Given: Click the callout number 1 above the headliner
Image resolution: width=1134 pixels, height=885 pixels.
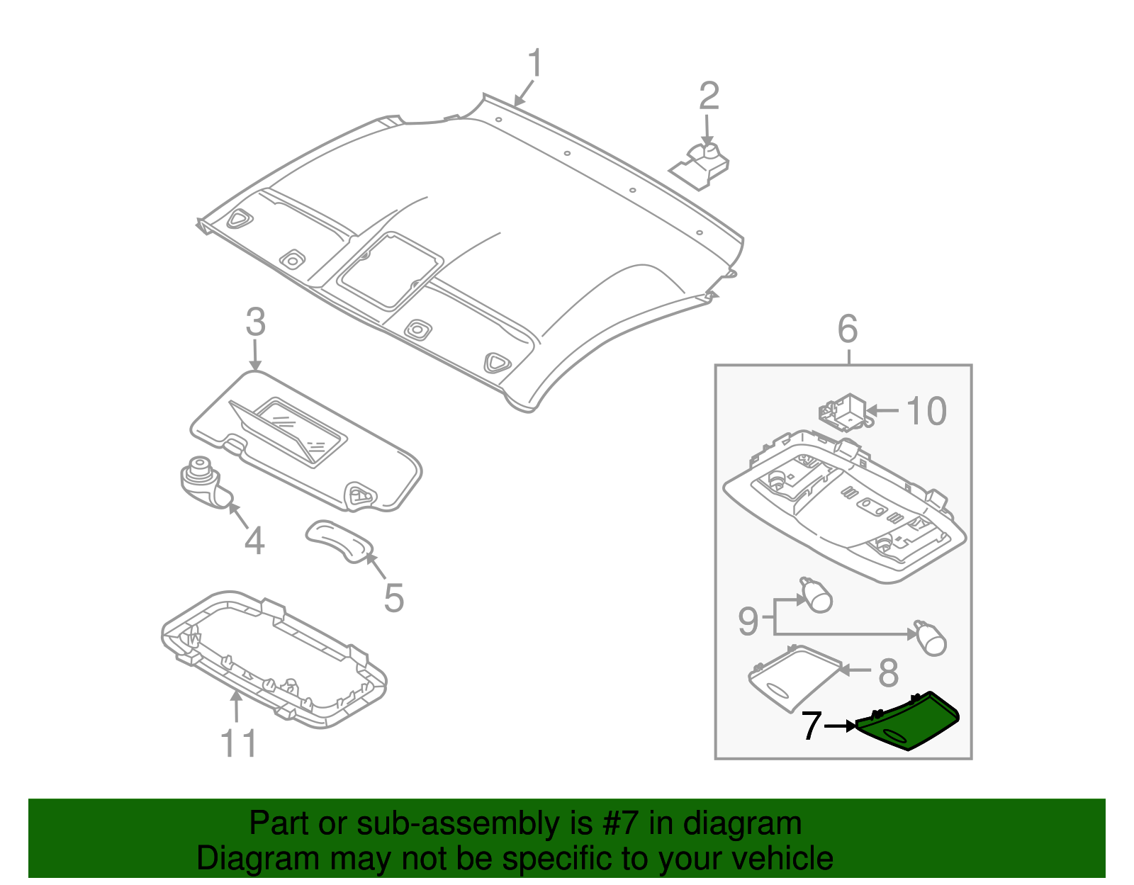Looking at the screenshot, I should pos(536,64).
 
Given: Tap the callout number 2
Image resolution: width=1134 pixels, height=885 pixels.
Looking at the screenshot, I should pos(709,96).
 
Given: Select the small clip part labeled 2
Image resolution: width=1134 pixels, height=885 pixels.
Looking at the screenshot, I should pos(702,166).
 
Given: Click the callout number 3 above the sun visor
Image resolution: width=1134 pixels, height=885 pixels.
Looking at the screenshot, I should pos(256,322).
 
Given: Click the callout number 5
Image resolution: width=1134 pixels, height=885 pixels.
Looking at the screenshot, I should pos(394,598).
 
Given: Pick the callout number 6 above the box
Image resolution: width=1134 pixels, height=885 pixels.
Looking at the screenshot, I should pos(848,329).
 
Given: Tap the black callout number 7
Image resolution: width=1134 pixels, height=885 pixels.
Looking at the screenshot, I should pos(812,726).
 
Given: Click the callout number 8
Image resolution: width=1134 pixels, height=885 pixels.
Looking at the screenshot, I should pos(888,672).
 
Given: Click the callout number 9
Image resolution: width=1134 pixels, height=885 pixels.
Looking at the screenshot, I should pos(748,621).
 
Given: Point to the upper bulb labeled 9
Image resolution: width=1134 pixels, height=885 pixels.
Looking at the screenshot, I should pos(816,596).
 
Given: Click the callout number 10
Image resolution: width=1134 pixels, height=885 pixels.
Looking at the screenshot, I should pos(926,412).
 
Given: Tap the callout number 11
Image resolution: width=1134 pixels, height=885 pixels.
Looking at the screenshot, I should pos(239,744).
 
